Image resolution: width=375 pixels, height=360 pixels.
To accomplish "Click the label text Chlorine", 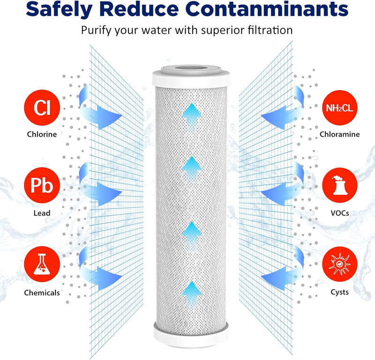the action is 41,134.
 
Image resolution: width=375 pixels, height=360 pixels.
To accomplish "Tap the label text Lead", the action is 41,213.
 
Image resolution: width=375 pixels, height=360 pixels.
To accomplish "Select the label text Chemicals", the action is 41,293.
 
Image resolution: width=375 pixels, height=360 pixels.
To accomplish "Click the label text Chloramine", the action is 339,134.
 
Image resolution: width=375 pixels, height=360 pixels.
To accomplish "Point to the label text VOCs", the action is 339,213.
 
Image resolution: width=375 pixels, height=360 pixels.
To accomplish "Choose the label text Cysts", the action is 339,293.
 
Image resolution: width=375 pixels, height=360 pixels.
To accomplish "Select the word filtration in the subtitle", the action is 266,30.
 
